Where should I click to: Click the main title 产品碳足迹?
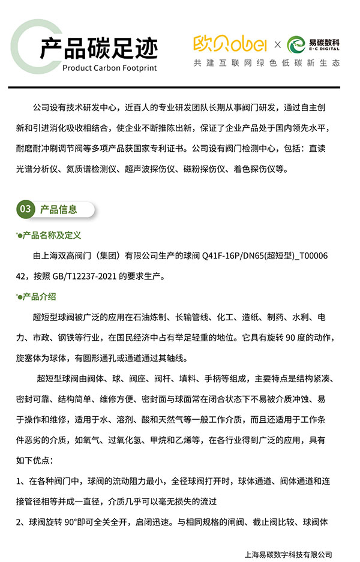pos(99,48)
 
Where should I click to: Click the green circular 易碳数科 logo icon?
pos(297,44)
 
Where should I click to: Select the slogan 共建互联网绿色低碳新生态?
pos(266,62)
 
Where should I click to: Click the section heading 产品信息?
pos(58,209)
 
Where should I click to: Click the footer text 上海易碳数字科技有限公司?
pos(289,554)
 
